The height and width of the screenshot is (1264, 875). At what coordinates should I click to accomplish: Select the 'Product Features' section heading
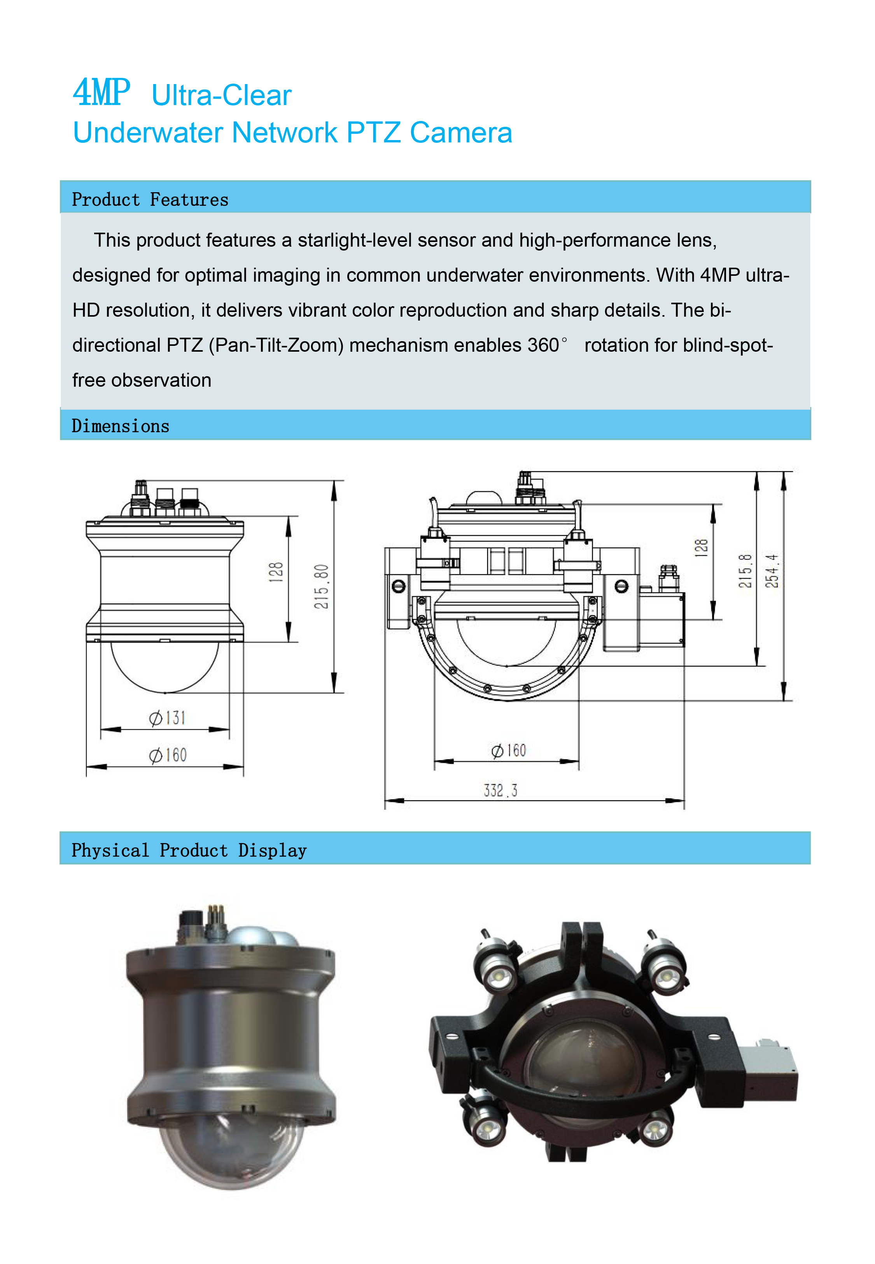(x=150, y=200)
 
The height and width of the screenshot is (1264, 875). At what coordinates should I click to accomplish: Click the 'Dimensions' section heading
(x=121, y=426)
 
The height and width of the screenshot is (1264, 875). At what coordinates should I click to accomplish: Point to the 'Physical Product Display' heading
(x=189, y=850)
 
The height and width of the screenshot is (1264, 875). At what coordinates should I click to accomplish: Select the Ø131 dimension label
(x=167, y=718)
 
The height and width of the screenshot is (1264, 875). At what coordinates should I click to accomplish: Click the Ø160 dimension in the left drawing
(x=168, y=755)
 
